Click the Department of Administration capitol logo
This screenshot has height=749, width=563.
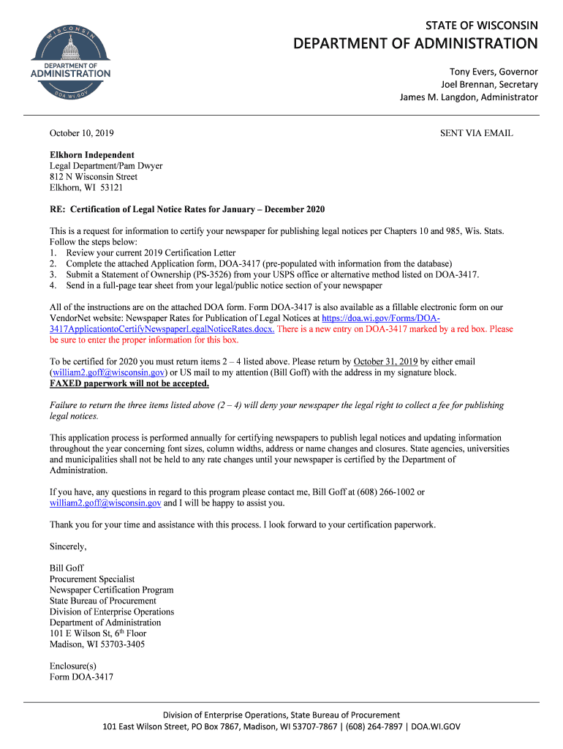pos(70,60)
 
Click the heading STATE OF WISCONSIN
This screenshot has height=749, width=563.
pos(481,26)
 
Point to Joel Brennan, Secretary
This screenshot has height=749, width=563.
pos(488,85)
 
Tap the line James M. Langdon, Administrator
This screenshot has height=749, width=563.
pos(468,97)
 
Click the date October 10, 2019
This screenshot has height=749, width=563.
pos(81,134)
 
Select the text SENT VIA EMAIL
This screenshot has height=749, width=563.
pos(476,134)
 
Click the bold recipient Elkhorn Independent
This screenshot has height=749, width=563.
pos(91,155)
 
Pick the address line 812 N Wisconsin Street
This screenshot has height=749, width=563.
pos(93,177)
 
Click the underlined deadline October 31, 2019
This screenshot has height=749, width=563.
pos(385,362)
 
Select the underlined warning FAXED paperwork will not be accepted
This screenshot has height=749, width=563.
pos(129,383)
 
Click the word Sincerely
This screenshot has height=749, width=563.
pos(67,546)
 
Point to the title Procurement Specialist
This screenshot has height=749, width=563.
pos(92,579)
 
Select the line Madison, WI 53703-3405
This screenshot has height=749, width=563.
pos(97,644)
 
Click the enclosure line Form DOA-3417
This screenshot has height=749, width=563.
pos(81,677)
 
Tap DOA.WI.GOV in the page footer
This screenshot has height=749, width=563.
pos(436,727)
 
